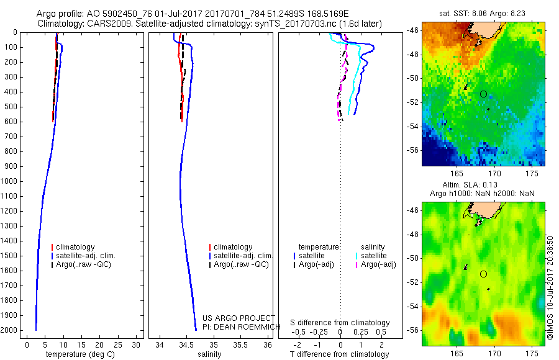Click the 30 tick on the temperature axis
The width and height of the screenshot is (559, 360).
click(137, 343)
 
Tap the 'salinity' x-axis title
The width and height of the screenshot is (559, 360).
click(210, 354)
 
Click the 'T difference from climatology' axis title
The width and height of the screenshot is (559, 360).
click(339, 354)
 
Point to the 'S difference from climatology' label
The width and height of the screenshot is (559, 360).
click(340, 323)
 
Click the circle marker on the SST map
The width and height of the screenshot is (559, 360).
click(483, 94)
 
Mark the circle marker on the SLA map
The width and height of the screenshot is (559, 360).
click(483, 274)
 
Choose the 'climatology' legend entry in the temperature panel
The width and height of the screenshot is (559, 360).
click(74, 247)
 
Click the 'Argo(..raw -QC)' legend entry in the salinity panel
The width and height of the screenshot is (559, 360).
click(241, 264)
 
